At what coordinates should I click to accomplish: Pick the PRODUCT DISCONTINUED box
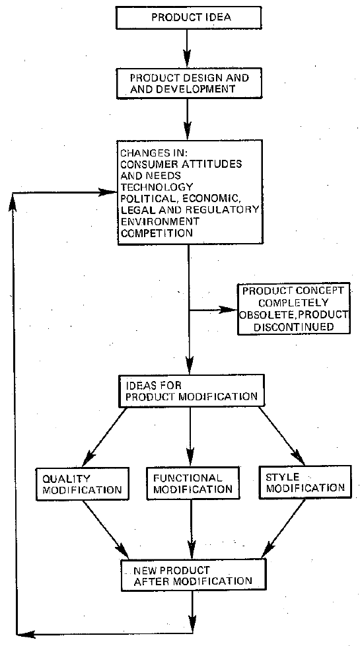[x=287, y=309]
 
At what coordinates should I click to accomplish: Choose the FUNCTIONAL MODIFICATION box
[x=190, y=484]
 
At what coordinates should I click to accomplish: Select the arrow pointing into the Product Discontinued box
[x=215, y=309]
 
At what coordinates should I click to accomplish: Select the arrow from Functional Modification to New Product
[x=191, y=528]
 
